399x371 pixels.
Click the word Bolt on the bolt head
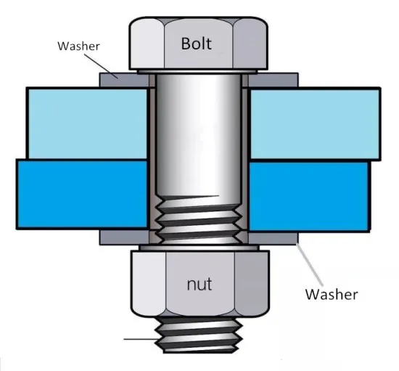(x=196, y=44)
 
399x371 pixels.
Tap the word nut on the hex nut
(x=199, y=284)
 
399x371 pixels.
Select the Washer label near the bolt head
(x=78, y=46)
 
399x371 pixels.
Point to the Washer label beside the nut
(x=332, y=294)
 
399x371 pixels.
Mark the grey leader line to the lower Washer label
(x=310, y=265)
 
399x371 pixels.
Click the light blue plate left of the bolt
(x=87, y=123)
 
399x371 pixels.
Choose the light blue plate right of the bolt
(x=315, y=124)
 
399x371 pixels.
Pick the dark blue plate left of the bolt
(x=82, y=194)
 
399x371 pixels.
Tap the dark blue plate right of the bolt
(x=308, y=197)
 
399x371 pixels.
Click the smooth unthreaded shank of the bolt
(x=198, y=135)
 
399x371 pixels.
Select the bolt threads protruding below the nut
(x=199, y=335)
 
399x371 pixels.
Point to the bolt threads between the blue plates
(x=199, y=219)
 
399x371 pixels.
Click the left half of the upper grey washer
(x=124, y=80)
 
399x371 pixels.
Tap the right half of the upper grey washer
(x=273, y=80)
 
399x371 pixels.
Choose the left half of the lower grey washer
(x=124, y=237)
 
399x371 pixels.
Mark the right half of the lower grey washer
(x=273, y=237)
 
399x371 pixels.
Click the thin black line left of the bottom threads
(x=140, y=339)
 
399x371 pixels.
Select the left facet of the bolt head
(x=147, y=44)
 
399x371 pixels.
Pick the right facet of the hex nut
(x=252, y=283)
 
